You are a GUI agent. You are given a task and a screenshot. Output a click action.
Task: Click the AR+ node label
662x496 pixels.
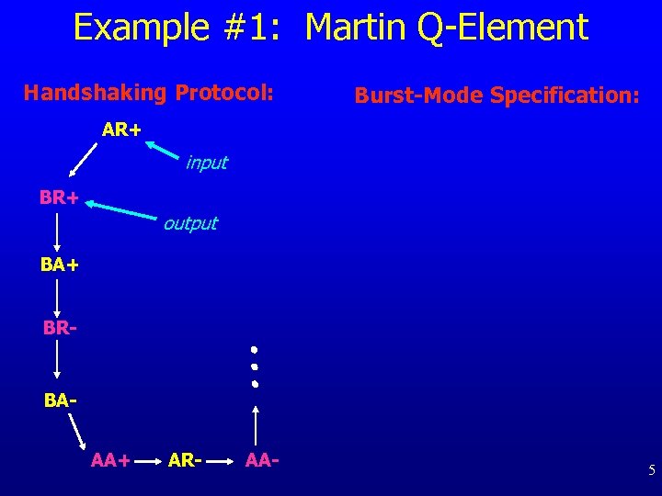point(121,130)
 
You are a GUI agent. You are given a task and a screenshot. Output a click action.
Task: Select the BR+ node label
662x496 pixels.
point(58,197)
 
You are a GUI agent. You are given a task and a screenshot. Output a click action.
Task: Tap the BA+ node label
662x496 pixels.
point(59,265)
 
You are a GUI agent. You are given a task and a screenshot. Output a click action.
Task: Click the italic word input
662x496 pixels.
point(206,163)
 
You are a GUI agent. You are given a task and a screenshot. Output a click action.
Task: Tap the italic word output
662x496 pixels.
point(190,223)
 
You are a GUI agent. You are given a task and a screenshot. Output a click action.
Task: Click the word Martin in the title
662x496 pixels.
point(354,28)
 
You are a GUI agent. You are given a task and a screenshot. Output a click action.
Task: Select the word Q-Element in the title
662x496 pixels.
point(502,28)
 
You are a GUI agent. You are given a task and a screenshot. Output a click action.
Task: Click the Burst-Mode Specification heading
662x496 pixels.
point(496,95)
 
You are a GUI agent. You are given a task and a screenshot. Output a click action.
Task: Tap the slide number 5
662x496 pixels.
point(651,471)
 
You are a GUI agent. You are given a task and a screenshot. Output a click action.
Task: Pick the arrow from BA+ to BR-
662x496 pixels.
point(58,297)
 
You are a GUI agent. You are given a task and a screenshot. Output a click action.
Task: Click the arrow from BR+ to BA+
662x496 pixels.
point(58,231)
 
